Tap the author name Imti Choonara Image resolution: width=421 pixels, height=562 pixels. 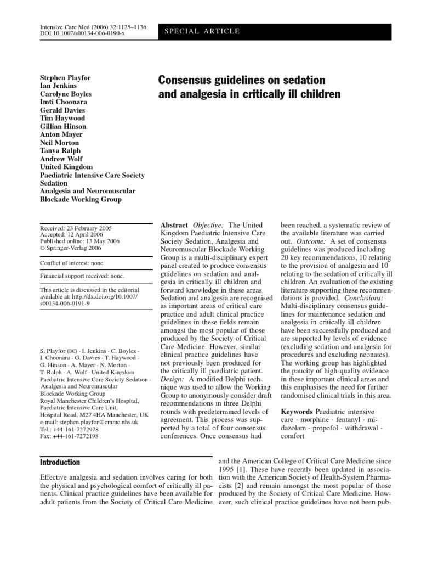click(x=64, y=102)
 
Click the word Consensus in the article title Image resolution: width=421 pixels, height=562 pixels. click(x=189, y=80)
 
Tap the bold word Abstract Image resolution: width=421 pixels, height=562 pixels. click(x=173, y=226)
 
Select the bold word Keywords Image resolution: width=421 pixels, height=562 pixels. click(x=299, y=411)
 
